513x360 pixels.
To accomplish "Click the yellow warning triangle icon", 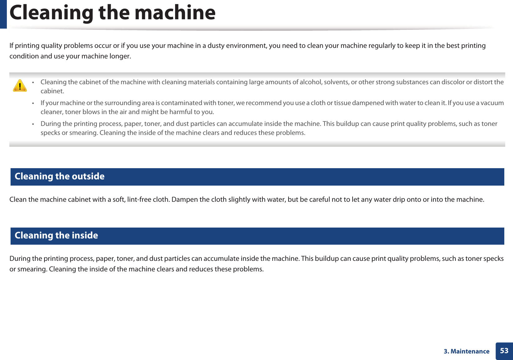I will coord(20,85).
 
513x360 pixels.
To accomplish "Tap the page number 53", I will coord(504,351).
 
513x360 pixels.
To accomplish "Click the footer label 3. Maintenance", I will coord(466,351).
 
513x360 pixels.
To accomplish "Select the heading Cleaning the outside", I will coord(59,177).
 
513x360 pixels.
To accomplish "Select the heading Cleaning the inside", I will coord(56,236).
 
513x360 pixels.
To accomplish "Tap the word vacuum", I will coord(492,103).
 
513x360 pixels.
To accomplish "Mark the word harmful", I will coord(181,112).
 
